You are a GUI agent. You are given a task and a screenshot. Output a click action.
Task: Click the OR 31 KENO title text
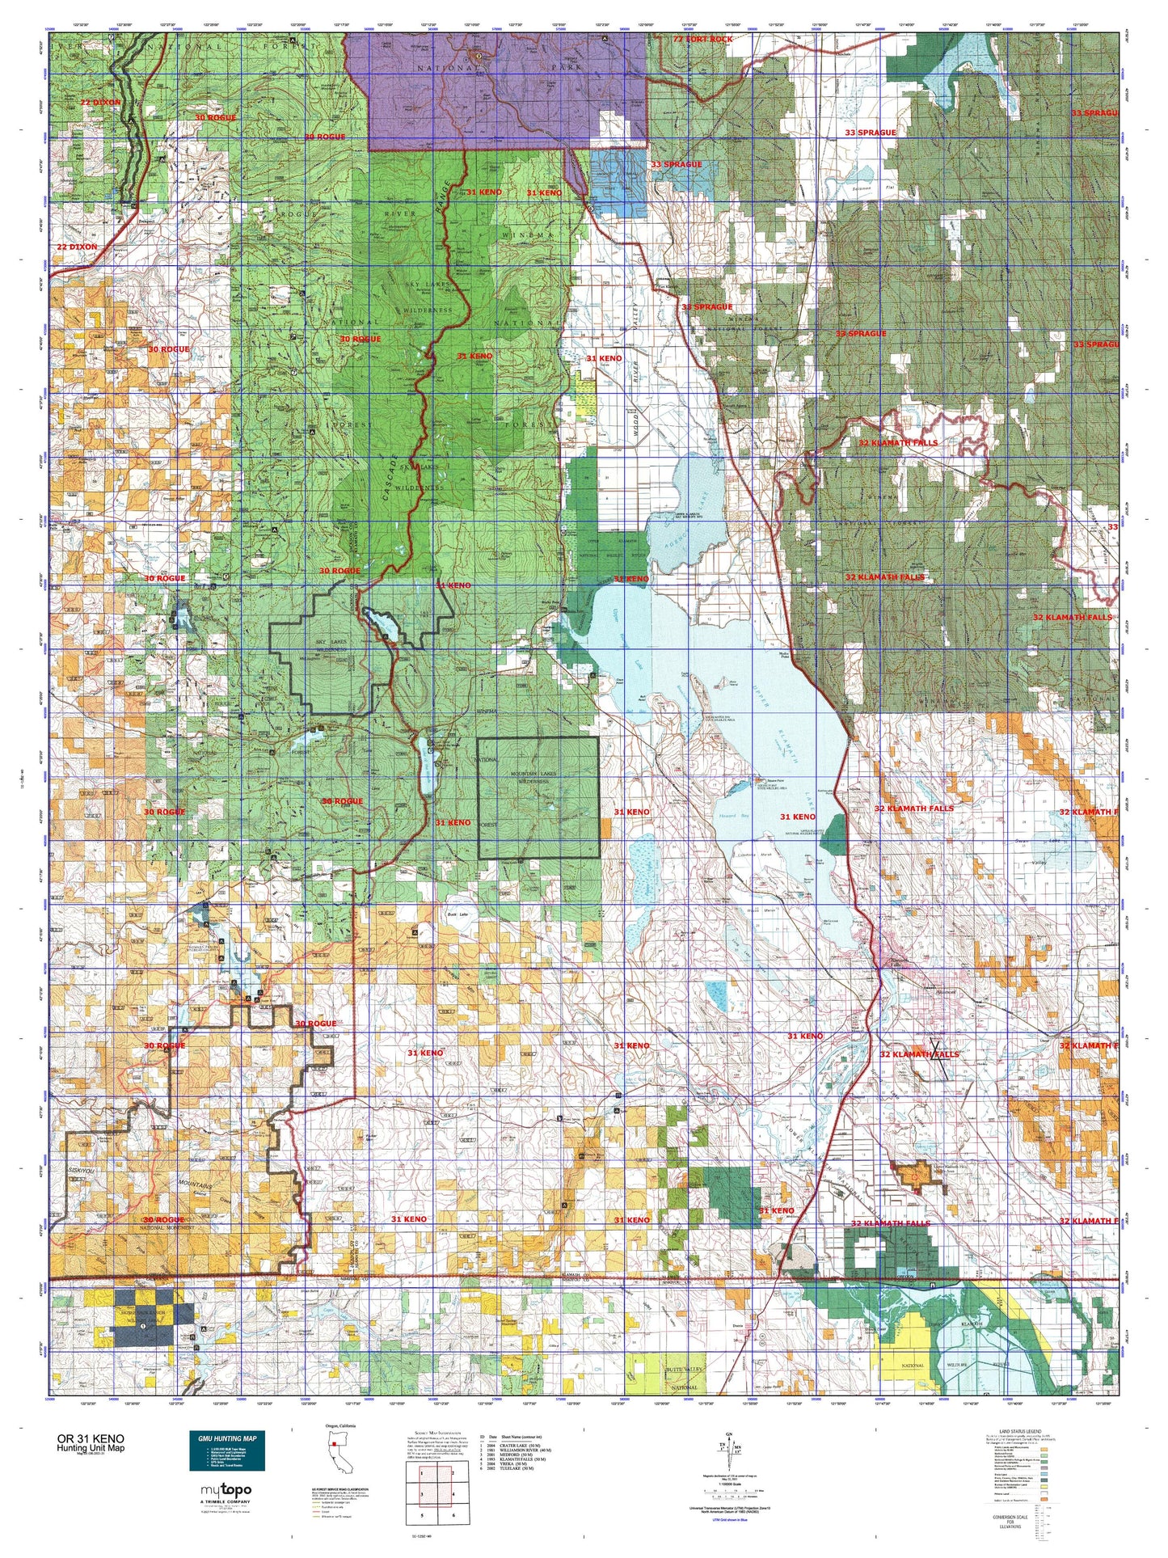click(91, 1439)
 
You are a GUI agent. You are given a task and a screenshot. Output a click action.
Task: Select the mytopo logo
click(226, 1490)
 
